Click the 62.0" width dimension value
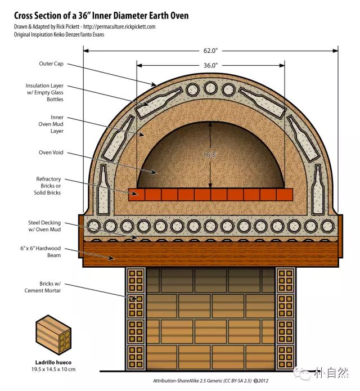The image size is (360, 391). click(x=210, y=51)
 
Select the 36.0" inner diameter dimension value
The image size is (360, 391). click(x=210, y=65)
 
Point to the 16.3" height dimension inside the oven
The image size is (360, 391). click(x=210, y=155)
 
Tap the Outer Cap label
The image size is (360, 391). click(x=51, y=64)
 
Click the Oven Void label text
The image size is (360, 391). click(x=51, y=152)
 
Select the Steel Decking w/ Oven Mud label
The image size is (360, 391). click(x=44, y=226)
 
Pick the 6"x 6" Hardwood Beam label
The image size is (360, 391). click(x=40, y=251)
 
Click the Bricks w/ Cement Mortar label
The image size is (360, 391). click(x=43, y=287)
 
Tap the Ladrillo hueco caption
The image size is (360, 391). click(x=53, y=362)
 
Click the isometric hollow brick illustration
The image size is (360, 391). click(x=53, y=335)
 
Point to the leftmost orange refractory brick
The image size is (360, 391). click(x=137, y=195)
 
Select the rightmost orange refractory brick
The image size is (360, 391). click(x=285, y=195)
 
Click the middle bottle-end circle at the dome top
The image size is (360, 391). click(x=210, y=88)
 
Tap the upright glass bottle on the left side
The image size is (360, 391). click(x=103, y=189)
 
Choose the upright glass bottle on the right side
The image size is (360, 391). click(x=318, y=189)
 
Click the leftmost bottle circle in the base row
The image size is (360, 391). click(x=93, y=226)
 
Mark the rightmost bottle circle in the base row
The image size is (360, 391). click(x=327, y=226)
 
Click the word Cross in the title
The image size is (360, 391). click(x=23, y=16)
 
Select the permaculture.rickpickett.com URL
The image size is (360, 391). click(x=119, y=26)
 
